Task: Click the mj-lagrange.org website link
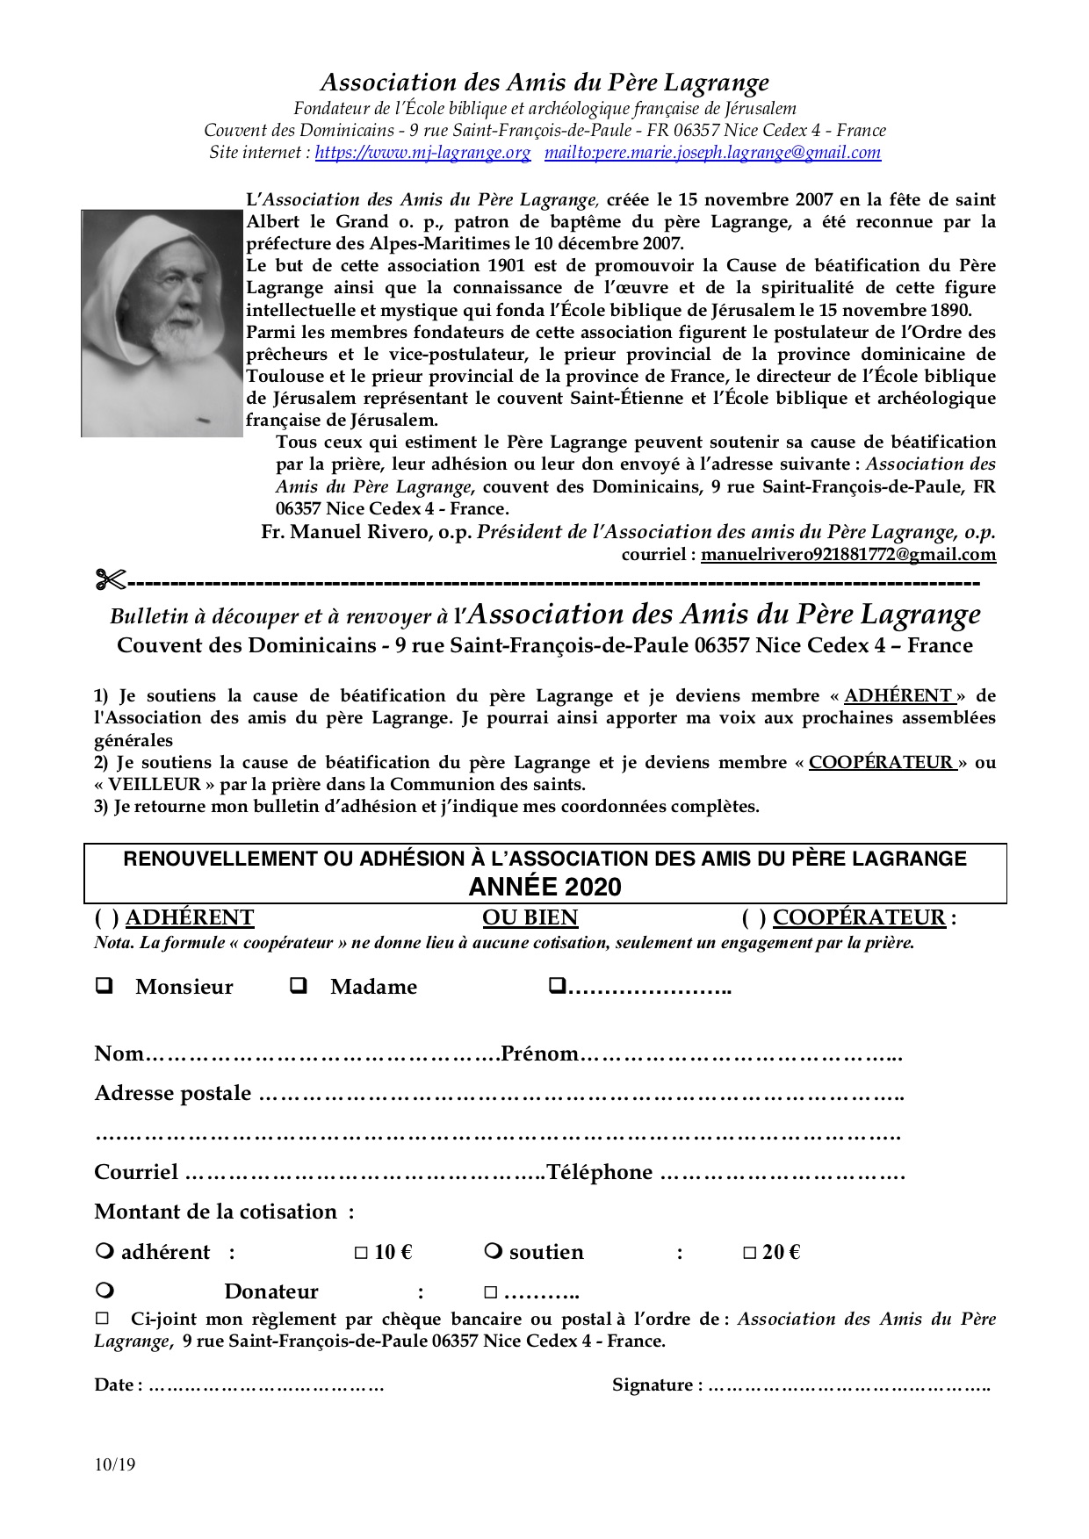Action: coord(422,153)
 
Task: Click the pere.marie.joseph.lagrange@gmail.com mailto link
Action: coord(712,153)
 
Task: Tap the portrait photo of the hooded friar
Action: coord(162,323)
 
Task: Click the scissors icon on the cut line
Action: coord(111,580)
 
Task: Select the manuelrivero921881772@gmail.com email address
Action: coord(848,554)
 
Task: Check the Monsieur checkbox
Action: coord(105,985)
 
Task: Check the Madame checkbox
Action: coord(299,985)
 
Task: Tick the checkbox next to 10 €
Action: coord(361,1253)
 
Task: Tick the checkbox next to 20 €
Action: coord(749,1253)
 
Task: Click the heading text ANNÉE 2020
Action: coord(544,887)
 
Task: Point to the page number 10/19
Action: coord(115,1464)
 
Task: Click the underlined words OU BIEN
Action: coord(530,917)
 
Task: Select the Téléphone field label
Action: coord(600,1172)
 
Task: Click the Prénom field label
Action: coord(539,1054)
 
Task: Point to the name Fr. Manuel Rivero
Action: coord(366,532)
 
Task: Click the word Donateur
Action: coord(271,1291)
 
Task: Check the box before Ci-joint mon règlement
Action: coord(102,1318)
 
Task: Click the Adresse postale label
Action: coord(172,1093)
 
